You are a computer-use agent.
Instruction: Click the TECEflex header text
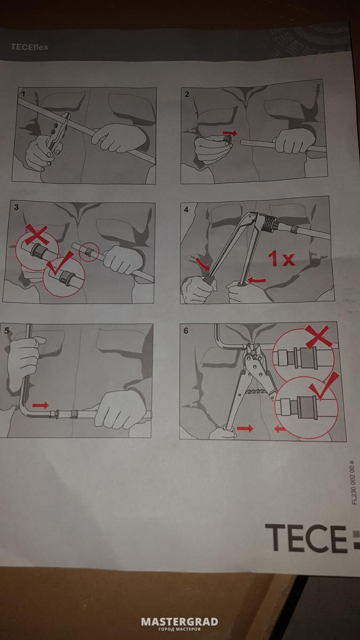click(x=29, y=47)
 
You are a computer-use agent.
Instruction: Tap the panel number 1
click(x=23, y=94)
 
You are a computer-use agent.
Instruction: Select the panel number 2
click(x=187, y=94)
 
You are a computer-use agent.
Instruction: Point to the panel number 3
click(x=17, y=207)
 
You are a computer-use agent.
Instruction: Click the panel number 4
click(x=186, y=210)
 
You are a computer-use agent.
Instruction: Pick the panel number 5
click(x=6, y=331)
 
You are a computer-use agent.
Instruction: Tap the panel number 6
click(x=186, y=331)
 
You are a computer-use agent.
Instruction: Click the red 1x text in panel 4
click(x=281, y=258)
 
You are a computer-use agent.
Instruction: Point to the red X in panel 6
click(x=318, y=337)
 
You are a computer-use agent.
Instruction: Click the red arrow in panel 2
click(x=230, y=133)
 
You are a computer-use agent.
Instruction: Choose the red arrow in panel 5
click(x=41, y=405)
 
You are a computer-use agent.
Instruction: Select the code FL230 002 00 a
click(x=354, y=482)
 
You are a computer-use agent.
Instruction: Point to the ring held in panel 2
click(x=227, y=140)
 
